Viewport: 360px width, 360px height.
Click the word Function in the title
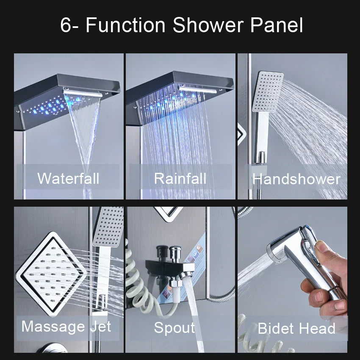pyautogui.click(x=125, y=25)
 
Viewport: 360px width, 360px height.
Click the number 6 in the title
pyautogui.click(x=66, y=25)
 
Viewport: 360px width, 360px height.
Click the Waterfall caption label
pyautogui.click(x=68, y=178)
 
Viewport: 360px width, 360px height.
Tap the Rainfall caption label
pyautogui.click(x=180, y=178)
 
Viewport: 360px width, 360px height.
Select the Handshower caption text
pyautogui.click(x=296, y=179)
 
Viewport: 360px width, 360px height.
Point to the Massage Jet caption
pyautogui.click(x=66, y=327)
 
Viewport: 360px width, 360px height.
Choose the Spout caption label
pyautogui.click(x=174, y=327)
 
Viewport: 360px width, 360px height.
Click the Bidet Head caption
pyautogui.click(x=296, y=328)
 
